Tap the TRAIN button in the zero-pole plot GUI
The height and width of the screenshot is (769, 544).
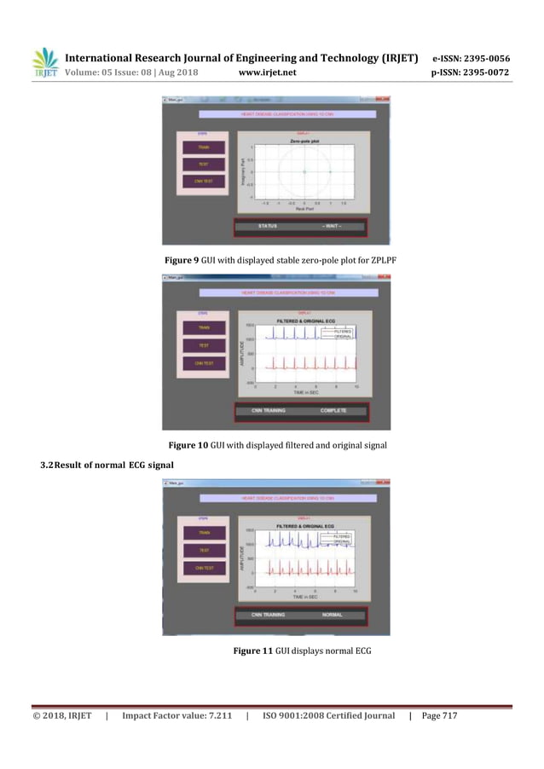point(203,147)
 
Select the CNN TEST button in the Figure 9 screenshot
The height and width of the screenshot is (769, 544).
point(203,182)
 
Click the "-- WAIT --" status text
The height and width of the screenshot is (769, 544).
point(331,226)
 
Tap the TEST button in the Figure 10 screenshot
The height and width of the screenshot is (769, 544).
point(203,345)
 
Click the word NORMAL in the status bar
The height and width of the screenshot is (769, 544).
point(333,615)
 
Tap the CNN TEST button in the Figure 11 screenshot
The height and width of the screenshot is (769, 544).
point(203,567)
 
